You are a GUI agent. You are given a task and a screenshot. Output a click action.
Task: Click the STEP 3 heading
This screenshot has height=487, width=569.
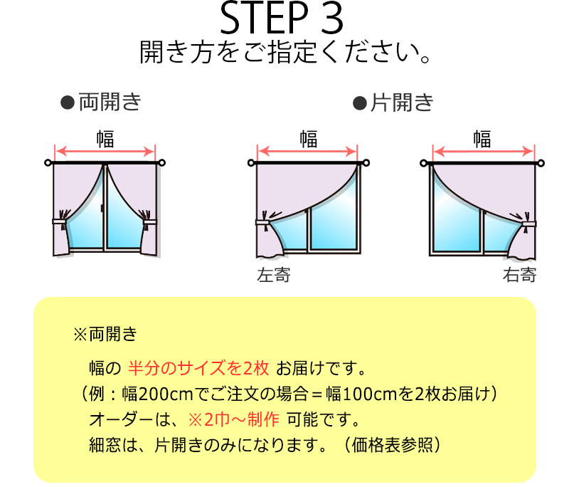282,18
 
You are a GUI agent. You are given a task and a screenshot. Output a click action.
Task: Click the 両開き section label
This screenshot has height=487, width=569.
110,102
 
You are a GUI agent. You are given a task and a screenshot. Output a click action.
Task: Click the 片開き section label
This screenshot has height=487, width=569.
402,103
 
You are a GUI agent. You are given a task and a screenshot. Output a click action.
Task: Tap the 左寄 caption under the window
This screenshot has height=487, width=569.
274,275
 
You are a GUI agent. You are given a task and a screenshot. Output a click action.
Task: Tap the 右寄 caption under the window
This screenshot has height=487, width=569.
520,275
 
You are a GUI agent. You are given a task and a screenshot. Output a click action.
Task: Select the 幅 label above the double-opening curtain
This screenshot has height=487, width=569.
105,139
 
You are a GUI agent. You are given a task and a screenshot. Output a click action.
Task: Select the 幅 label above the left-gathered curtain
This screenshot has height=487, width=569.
309,139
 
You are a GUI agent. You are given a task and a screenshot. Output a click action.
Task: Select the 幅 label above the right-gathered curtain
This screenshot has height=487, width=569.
482,139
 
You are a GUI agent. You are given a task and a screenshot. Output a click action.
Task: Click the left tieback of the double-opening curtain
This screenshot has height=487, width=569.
60,221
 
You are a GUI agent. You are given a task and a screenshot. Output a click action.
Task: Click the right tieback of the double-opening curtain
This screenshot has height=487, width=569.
149,221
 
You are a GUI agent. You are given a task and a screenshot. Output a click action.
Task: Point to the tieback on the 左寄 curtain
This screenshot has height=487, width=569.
263,222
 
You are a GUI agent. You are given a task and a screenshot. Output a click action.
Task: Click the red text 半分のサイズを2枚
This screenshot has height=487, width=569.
198,368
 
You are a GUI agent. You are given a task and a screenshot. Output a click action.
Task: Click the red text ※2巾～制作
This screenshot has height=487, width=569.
234,420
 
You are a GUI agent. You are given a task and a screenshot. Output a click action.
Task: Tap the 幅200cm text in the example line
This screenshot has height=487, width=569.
157,394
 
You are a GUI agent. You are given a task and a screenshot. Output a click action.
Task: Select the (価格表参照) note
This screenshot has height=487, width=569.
392,445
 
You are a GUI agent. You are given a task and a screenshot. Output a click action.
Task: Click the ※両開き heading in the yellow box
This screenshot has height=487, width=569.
105,334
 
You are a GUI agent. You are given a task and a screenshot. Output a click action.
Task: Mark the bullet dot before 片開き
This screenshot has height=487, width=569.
360,103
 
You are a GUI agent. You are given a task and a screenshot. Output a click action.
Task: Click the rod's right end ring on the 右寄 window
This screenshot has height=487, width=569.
541,164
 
